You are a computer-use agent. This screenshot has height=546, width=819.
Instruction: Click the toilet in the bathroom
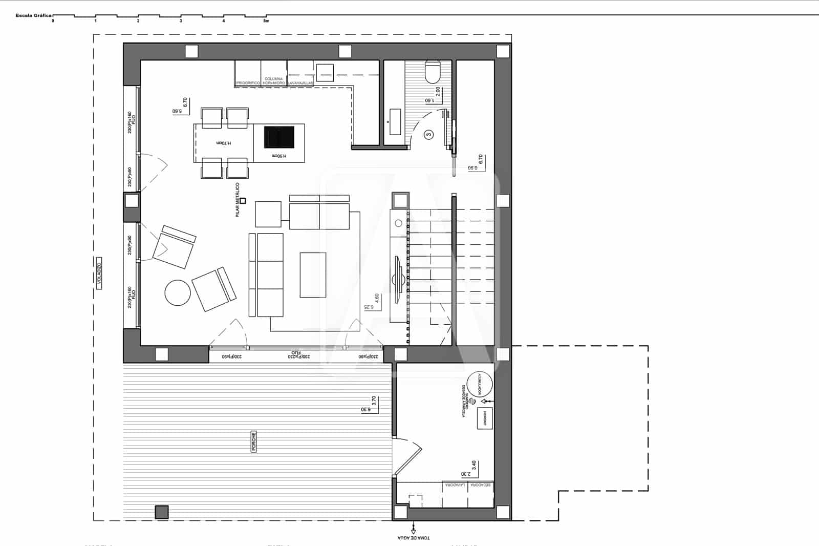[x=433, y=72]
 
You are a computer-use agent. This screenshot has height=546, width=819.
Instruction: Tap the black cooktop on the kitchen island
[x=279, y=137]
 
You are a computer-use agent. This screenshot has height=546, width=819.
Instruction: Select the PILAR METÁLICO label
[x=238, y=200]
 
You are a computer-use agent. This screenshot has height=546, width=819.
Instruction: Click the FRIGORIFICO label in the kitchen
[x=248, y=82]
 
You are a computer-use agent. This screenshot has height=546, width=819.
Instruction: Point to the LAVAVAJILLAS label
[x=300, y=82]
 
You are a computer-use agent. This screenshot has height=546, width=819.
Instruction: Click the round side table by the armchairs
[x=178, y=292]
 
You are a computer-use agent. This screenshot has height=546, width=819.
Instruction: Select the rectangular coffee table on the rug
[x=313, y=275]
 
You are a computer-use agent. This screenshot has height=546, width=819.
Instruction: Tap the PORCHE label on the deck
[x=254, y=442]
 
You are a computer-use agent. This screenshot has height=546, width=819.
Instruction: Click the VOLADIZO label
[x=99, y=274]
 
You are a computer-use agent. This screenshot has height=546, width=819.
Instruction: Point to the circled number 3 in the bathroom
[x=429, y=135]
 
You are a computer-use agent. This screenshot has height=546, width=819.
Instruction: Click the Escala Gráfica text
[x=33, y=16]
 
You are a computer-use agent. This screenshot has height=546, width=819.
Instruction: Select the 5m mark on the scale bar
[x=266, y=21]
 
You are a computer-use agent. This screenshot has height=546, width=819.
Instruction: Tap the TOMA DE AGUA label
[x=414, y=538]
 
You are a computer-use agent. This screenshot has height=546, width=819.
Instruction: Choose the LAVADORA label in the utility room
[x=455, y=485]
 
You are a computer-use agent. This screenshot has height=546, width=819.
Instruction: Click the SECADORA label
[x=481, y=485]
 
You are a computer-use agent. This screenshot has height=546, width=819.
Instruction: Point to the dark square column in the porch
[x=162, y=512]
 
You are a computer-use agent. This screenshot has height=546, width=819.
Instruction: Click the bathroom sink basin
[x=395, y=122]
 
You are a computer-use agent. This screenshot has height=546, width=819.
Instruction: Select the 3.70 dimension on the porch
[x=374, y=401]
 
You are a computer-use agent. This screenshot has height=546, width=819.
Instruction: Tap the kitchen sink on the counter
[x=325, y=73]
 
